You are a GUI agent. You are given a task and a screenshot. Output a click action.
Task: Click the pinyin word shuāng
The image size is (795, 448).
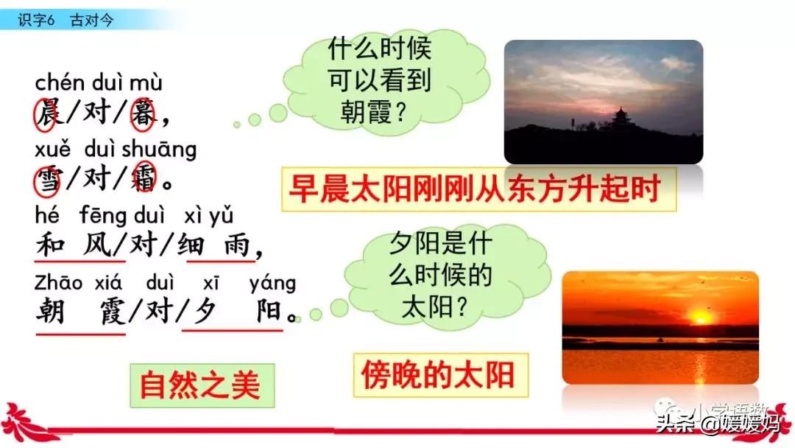160,150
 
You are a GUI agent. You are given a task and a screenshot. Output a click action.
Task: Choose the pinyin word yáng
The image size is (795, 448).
272,283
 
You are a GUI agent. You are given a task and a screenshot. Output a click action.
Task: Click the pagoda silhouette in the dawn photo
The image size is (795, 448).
622,119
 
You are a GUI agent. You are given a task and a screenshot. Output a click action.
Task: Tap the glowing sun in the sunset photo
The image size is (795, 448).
699,318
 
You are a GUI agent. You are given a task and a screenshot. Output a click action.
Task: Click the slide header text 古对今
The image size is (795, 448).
92,20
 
